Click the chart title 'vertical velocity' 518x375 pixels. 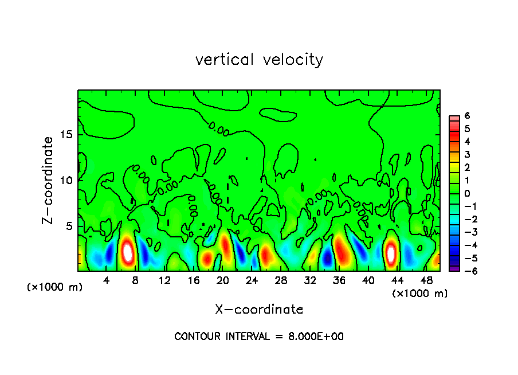(x=259, y=60)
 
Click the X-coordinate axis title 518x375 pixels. (x=259, y=310)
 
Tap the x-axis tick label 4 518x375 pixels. (x=107, y=280)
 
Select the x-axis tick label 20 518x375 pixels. (x=223, y=280)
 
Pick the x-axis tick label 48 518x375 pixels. (x=426, y=280)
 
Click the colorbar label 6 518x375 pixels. (x=467, y=116)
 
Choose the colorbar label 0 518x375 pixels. (x=467, y=193)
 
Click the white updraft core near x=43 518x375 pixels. (x=391, y=253)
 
